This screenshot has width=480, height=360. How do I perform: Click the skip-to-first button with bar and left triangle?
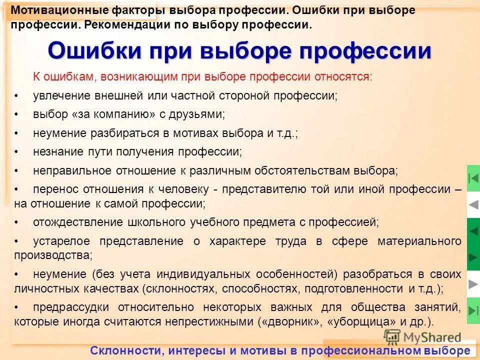coord(473,178)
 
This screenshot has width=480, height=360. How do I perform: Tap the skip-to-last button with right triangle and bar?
coord(473,310)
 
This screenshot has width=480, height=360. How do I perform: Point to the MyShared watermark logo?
coord(422,337)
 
